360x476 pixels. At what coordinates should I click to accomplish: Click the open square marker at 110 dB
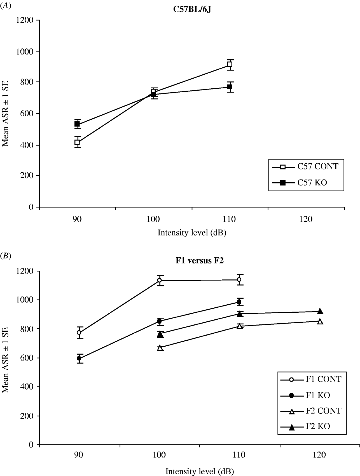point(230,65)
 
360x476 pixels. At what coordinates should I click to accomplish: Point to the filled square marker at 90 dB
point(77,124)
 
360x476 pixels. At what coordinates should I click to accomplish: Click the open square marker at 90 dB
point(77,142)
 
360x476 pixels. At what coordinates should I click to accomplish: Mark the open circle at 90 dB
point(79,333)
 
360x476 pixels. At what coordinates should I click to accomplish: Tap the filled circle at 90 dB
point(79,358)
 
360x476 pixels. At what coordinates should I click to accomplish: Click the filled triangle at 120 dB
point(320,312)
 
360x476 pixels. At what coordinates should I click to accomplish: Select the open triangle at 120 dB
point(320,322)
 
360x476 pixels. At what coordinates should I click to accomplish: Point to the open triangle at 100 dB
point(160,348)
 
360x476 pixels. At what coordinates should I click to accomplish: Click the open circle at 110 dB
point(239,280)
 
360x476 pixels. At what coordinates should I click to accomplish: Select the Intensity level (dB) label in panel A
point(192,233)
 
